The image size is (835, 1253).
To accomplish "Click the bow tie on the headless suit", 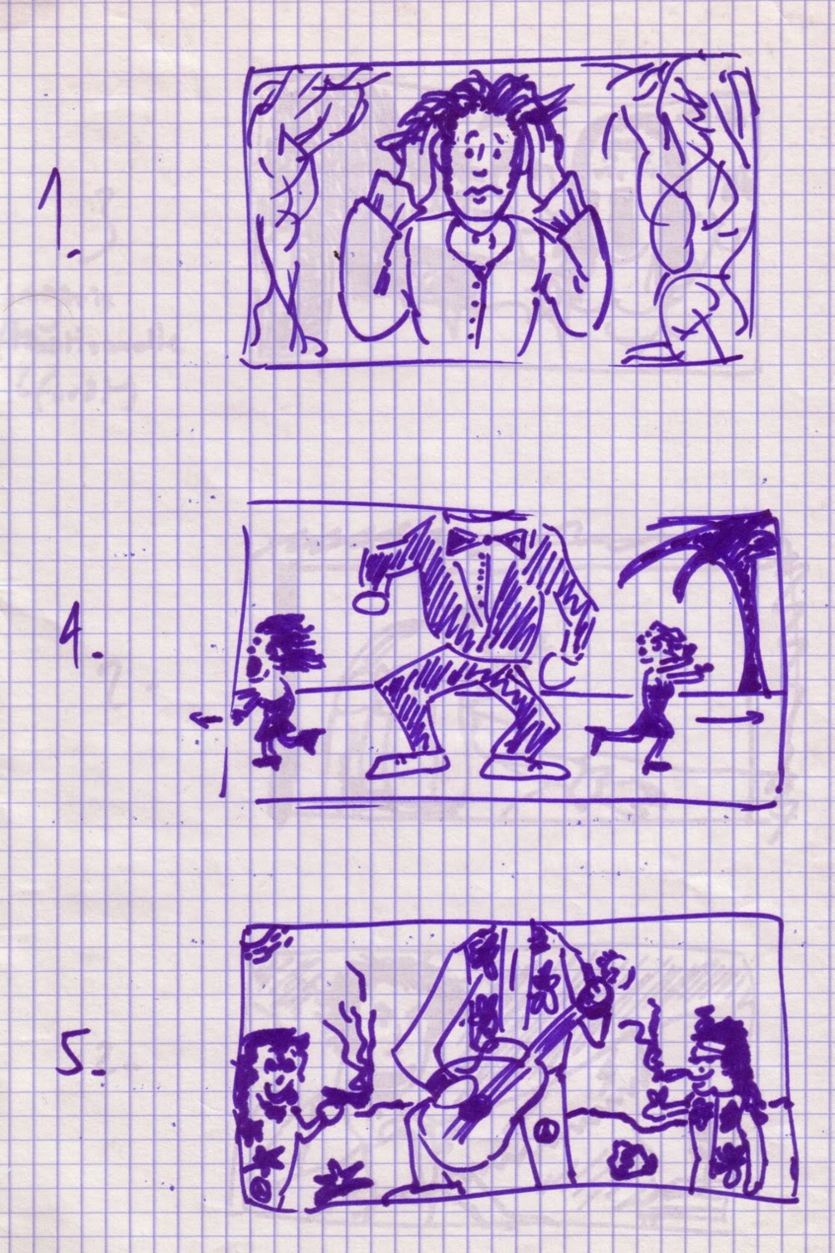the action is point(486,539).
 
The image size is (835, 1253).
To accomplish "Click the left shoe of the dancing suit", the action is point(407,766).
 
